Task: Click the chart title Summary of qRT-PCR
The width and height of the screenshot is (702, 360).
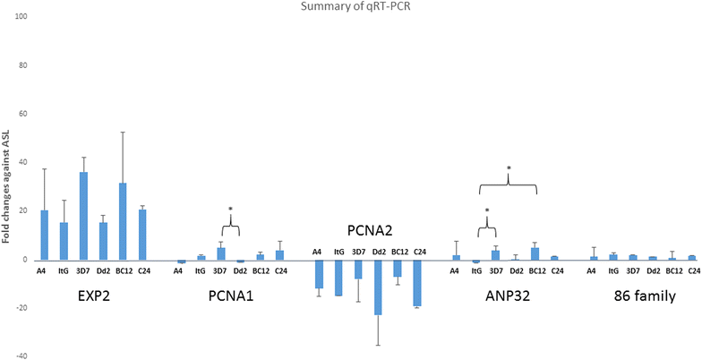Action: click(350, 8)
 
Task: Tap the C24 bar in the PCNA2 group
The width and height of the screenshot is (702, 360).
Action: click(417, 283)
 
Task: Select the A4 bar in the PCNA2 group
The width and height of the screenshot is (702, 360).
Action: click(318, 274)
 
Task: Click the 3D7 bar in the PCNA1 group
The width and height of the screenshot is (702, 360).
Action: click(221, 253)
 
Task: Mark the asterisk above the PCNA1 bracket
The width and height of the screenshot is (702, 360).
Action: click(230, 210)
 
